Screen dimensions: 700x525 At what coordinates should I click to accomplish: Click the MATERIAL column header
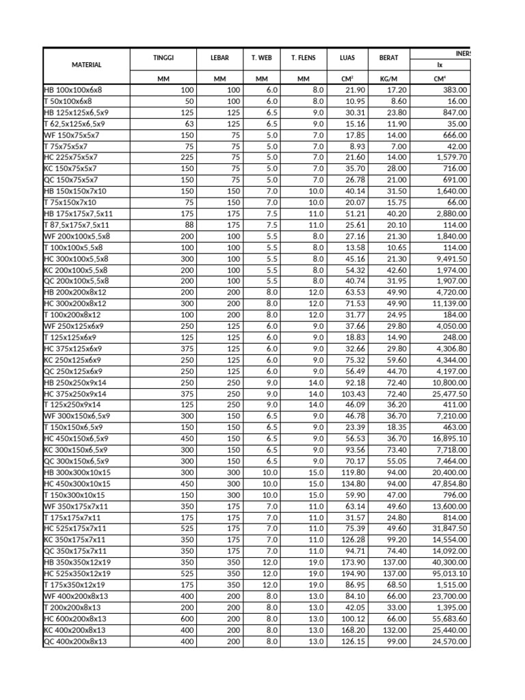pyautogui.click(x=86, y=65)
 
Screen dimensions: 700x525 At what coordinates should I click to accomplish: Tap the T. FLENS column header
pyautogui.click(x=304, y=58)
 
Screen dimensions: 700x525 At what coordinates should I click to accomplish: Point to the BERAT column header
pyautogui.click(x=388, y=58)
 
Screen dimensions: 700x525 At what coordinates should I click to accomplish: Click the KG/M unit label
pyautogui.click(x=388, y=79)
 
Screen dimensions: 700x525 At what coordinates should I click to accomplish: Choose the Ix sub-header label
pyautogui.click(x=440, y=66)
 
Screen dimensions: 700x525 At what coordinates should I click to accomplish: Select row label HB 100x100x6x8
pyautogui.click(x=72, y=90)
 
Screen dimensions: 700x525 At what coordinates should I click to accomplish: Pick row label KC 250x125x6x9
pyautogui.click(x=72, y=360)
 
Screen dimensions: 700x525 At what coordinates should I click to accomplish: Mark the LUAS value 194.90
pyautogui.click(x=353, y=574)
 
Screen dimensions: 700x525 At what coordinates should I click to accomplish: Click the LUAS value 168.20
pyautogui.click(x=353, y=631)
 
